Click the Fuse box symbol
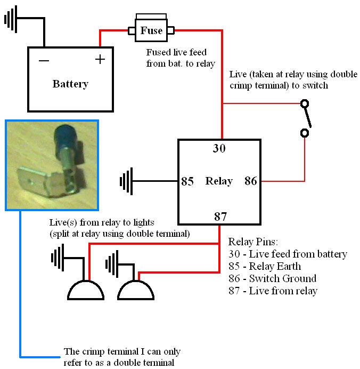[151, 28]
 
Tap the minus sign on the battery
[44, 61]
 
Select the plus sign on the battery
[100, 59]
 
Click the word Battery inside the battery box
[70, 84]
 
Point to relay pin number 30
[219, 148]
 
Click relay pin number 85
[187, 181]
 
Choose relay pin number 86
[251, 181]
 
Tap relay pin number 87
[220, 216]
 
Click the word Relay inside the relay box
[219, 181]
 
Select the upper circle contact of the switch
[305, 103]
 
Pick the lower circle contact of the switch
[305, 133]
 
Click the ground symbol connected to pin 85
[126, 181]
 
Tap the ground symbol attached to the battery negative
[11, 19]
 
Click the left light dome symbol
[86, 290]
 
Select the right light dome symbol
[136, 290]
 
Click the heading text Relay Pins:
[253, 242]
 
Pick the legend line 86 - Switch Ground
[272, 278]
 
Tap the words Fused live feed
[176, 52]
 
